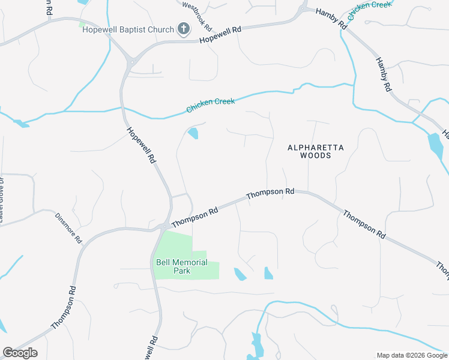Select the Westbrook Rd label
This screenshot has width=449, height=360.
(x=197, y=17)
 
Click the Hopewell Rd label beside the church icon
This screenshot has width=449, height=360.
(x=220, y=34)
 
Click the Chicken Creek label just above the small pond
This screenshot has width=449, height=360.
(x=210, y=106)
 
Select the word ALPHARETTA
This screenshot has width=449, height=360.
(x=309, y=147)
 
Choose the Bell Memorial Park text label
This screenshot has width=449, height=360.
(x=181, y=266)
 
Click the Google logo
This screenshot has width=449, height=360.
(x=20, y=353)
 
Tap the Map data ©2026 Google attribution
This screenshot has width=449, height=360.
(x=412, y=355)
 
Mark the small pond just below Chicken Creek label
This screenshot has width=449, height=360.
(x=193, y=133)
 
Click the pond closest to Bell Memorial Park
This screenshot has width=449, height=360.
(x=240, y=274)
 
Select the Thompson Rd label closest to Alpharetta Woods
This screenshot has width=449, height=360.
(x=270, y=193)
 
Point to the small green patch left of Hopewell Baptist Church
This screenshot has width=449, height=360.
(x=82, y=24)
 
